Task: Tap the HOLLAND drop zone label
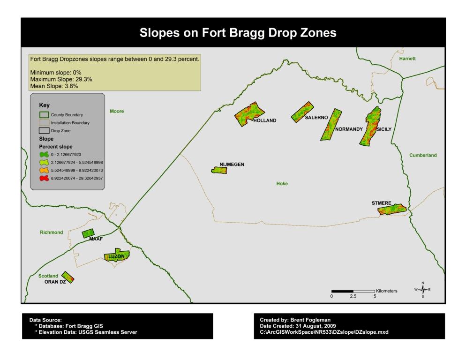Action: [x=265, y=120]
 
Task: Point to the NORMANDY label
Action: [x=347, y=129]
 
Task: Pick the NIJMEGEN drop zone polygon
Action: [x=218, y=170]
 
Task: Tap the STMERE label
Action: [x=381, y=203]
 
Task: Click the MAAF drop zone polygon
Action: [x=88, y=233]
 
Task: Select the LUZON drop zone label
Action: [x=116, y=256]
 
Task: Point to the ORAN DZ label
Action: [x=55, y=282]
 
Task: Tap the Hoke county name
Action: [x=282, y=184]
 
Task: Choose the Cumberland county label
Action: [x=422, y=155]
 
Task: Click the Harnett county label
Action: [x=407, y=59]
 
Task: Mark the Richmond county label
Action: [x=52, y=232]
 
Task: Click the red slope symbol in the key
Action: [x=44, y=178]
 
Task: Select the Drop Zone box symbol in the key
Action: [x=44, y=131]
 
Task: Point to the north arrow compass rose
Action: [x=422, y=290]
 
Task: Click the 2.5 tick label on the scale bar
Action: [x=353, y=296]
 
